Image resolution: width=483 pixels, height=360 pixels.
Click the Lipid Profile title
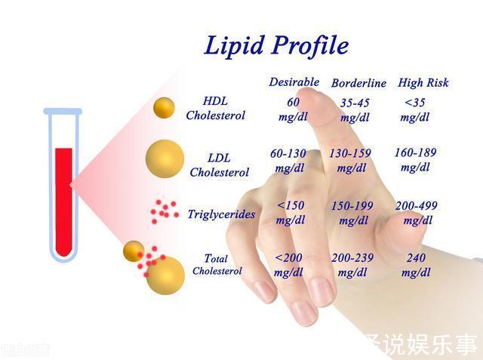pyautogui.click(x=276, y=45)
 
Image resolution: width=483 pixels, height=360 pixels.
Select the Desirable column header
pyautogui.click(x=294, y=82)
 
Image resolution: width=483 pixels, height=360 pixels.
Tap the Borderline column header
pyautogui.click(x=358, y=83)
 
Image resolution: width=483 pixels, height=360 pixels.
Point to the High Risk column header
pyautogui.click(x=424, y=82)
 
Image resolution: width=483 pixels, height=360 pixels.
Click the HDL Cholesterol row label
pyautogui.click(x=215, y=108)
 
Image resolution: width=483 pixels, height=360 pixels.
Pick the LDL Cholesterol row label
pyautogui.click(x=219, y=165)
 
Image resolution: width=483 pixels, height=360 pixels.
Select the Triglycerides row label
pyautogui.click(x=221, y=214)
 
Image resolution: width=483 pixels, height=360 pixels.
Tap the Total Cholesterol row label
pyautogui.click(x=217, y=264)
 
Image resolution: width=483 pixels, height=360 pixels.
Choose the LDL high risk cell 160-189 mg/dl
pyautogui.click(x=415, y=159)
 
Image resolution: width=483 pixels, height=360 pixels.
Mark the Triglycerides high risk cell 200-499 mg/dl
pyautogui.click(x=416, y=212)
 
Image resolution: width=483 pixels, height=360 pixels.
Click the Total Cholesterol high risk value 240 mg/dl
pyautogui.click(x=415, y=264)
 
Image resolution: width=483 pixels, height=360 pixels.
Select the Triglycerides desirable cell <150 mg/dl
pyautogui.click(x=291, y=212)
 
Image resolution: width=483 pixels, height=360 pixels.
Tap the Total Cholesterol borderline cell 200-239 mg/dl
pyautogui.click(x=352, y=264)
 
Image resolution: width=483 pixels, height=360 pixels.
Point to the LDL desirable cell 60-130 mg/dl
pyautogui.click(x=288, y=160)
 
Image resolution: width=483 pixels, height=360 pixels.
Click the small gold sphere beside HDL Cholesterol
pyautogui.click(x=164, y=108)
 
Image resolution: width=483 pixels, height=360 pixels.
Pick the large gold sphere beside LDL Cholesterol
pyautogui.click(x=165, y=159)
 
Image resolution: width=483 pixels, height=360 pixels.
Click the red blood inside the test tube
pyautogui.click(x=63, y=200)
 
